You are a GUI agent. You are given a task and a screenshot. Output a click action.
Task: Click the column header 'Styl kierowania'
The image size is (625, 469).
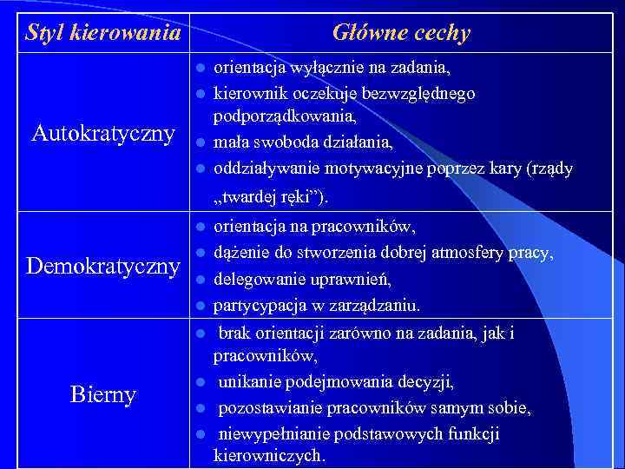tap(103, 34)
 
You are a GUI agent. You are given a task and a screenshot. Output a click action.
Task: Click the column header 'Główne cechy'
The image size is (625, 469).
tap(401, 34)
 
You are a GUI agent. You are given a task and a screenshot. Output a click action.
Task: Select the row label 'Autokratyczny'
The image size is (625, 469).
tap(103, 134)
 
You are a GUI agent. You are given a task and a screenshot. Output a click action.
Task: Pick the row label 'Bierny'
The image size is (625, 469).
tap(103, 395)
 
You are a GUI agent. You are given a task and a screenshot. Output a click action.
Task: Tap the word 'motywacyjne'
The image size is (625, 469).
tap(379, 168)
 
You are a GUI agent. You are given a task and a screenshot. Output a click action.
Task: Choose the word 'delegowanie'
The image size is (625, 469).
tap(258, 280)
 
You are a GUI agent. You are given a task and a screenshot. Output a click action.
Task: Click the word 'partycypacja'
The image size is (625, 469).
tap(258, 306)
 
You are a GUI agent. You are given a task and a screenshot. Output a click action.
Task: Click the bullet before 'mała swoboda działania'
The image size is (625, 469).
tap(199, 142)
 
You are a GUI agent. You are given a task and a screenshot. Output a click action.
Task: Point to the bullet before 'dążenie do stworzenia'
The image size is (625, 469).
tap(199, 253)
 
